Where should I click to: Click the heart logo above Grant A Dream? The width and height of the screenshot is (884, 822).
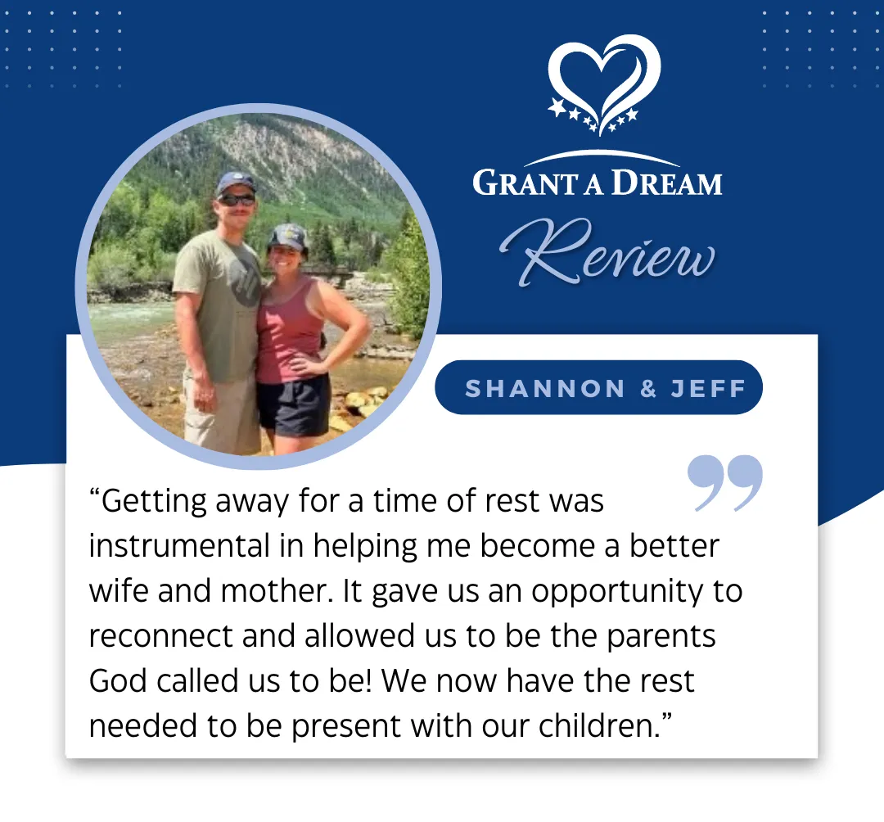604,84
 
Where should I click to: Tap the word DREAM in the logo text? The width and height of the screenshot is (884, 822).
667,183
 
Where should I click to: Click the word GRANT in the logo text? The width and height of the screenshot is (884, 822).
525,183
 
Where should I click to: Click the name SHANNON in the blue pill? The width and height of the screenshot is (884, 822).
545,388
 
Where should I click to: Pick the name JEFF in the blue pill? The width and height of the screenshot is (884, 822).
709,388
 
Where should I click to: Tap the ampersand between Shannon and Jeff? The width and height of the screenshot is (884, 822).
649,388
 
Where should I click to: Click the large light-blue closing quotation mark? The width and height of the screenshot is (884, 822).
725,482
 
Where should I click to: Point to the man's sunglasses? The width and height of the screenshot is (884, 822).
237,200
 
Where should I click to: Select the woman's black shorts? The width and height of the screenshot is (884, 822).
293,404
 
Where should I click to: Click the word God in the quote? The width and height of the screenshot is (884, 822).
118,680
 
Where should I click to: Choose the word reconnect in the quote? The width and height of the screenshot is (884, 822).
160,636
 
